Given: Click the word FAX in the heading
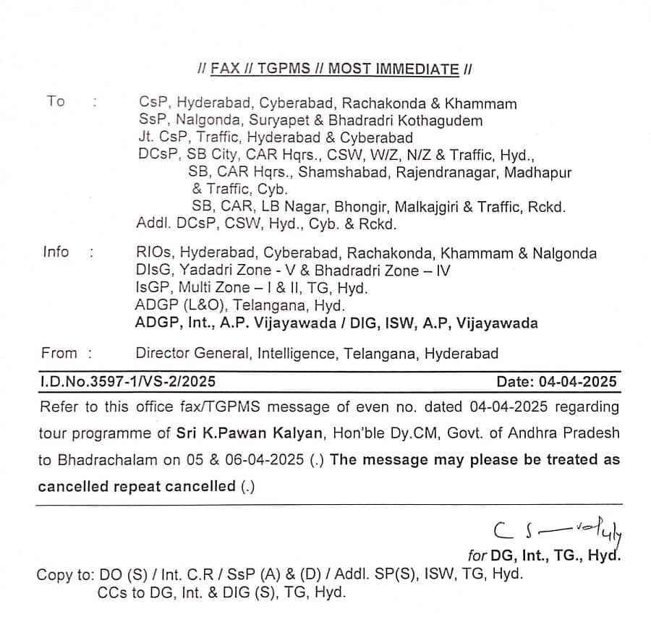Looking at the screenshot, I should point(224,69).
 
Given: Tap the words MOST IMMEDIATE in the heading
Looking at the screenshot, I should point(393,69).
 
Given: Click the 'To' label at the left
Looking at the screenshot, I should point(56,101).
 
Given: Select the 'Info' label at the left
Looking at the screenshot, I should point(56,252).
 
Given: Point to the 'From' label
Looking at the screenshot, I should point(59,354).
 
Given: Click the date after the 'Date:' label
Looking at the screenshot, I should point(576,381).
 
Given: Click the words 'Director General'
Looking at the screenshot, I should point(191,354).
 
